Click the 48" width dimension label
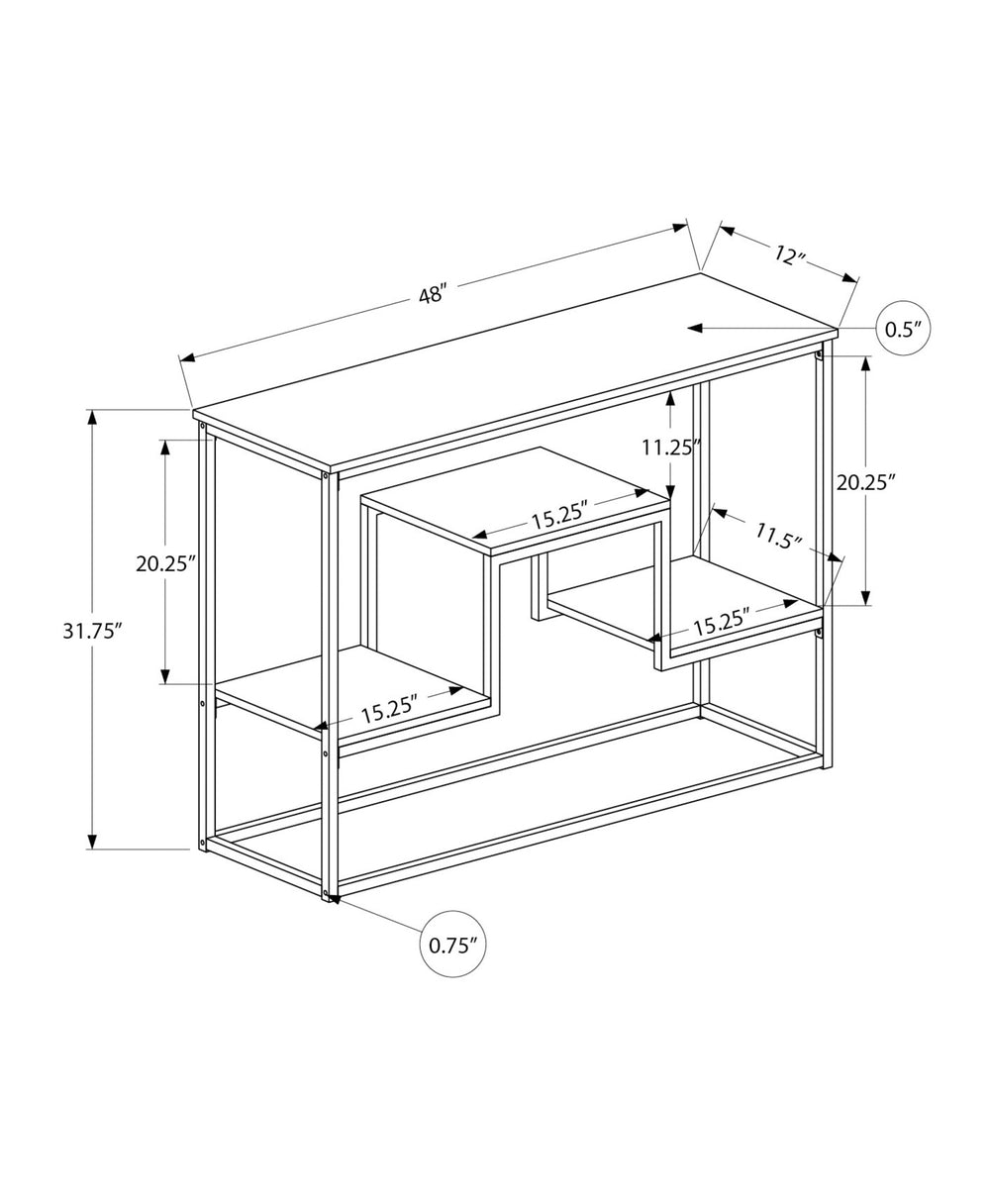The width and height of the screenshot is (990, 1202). tap(433, 294)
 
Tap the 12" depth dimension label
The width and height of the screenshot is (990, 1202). tap(788, 255)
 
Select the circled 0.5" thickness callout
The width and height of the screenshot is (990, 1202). tap(904, 328)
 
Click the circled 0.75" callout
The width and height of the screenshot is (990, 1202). tap(453, 944)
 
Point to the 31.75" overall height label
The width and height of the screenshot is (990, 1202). tap(92, 631)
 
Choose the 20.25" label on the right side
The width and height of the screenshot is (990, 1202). tap(866, 482)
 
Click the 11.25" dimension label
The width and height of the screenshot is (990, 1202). tap(670, 447)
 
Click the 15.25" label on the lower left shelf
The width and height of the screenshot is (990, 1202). tap(389, 711)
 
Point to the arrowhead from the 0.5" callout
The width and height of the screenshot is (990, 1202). tap(696, 328)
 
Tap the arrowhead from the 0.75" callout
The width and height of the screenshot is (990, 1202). tap(334, 899)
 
